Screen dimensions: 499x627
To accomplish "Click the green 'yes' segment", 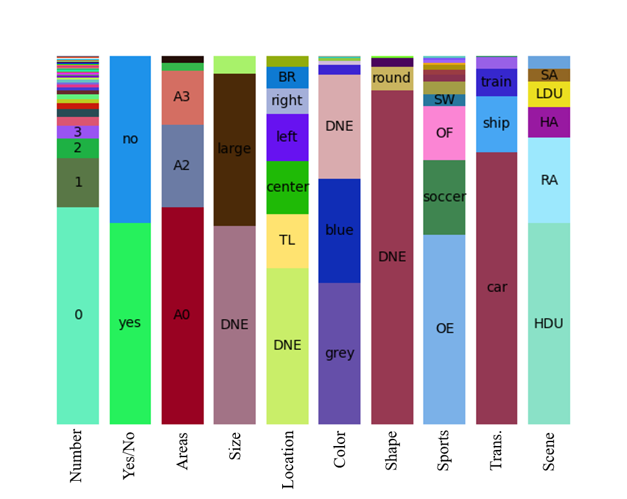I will pyautogui.click(x=130, y=323).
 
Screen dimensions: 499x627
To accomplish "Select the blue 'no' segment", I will pyautogui.click(x=130, y=139).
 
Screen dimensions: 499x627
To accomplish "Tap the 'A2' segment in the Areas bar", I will pyautogui.click(x=182, y=165).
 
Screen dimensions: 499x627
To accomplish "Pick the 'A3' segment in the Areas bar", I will pyautogui.click(x=182, y=97).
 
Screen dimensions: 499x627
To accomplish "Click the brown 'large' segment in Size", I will pyautogui.click(x=234, y=149).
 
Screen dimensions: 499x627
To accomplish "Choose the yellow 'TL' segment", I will pyautogui.click(x=287, y=241).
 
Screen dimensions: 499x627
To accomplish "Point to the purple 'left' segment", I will pyautogui.click(x=287, y=137).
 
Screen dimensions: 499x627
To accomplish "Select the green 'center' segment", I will pyautogui.click(x=287, y=187).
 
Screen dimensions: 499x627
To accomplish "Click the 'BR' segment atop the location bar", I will pyautogui.click(x=287, y=77).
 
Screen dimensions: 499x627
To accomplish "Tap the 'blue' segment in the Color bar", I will pyautogui.click(x=340, y=230).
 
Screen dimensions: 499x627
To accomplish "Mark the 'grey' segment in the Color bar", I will pyautogui.click(x=340, y=353).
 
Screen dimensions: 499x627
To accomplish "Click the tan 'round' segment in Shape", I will pyautogui.click(x=392, y=78).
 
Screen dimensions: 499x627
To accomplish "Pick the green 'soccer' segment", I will pyautogui.click(x=444, y=197).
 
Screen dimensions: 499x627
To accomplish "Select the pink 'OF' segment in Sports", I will pyautogui.click(x=444, y=133).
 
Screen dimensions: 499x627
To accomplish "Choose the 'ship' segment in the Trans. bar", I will pyautogui.click(x=496, y=124).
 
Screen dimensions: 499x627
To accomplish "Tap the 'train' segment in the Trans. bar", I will pyautogui.click(x=496, y=82).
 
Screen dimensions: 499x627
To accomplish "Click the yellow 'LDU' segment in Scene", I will pyautogui.click(x=549, y=94).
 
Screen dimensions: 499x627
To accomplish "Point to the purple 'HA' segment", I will pyautogui.click(x=549, y=122).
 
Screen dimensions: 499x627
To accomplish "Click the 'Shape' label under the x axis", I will pyautogui.click(x=391, y=450).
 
